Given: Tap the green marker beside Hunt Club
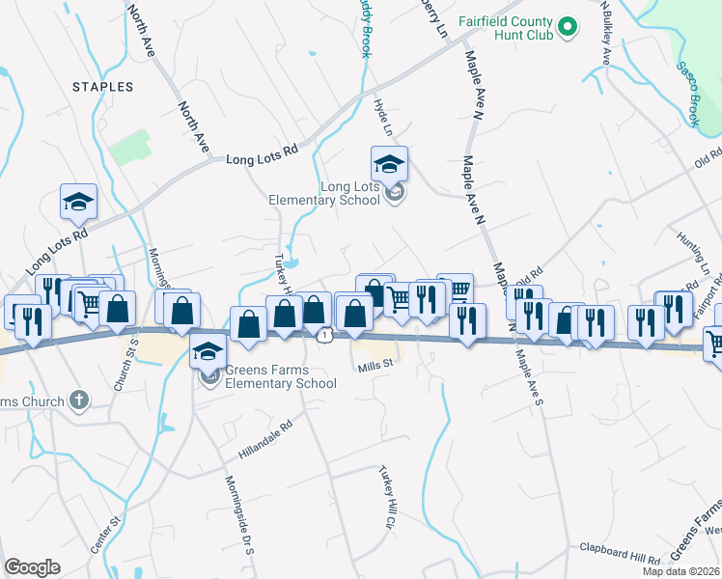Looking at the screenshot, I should pos(568,26).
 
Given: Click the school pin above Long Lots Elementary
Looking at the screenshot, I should pos(389,165).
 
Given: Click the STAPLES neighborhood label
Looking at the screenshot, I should pos(101,87).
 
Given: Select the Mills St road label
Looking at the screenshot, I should pos(376,365).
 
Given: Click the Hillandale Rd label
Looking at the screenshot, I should pos(265,437).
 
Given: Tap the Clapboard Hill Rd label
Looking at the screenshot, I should pos(619,554).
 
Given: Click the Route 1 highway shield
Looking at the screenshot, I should pos(328,334).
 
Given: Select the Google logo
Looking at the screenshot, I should pos(32,567).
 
